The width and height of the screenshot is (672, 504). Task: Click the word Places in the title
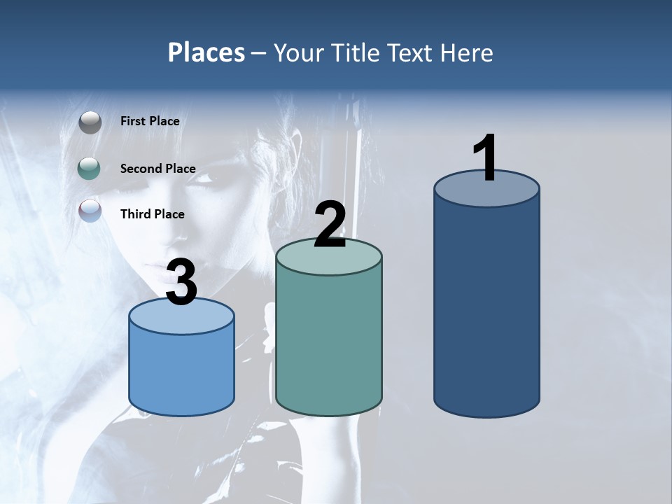pyautogui.click(x=206, y=52)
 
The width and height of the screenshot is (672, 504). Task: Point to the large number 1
pyautogui.click(x=486, y=158)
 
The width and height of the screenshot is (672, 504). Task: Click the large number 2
pyautogui.click(x=330, y=224)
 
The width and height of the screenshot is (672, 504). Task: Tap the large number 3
pyautogui.click(x=182, y=282)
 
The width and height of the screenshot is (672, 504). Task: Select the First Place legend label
pyautogui.click(x=150, y=121)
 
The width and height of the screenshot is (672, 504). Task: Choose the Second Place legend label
pyautogui.click(x=157, y=168)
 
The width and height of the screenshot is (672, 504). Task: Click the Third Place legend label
pyautogui.click(x=152, y=214)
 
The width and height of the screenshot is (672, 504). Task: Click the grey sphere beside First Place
pyautogui.click(x=90, y=122)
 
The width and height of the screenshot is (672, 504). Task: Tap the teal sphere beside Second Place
pyautogui.click(x=90, y=168)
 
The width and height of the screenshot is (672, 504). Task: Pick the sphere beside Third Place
pyautogui.click(x=90, y=210)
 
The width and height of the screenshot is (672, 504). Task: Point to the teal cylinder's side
pyautogui.click(x=329, y=343)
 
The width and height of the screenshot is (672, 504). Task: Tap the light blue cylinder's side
pyautogui.click(x=182, y=371)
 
